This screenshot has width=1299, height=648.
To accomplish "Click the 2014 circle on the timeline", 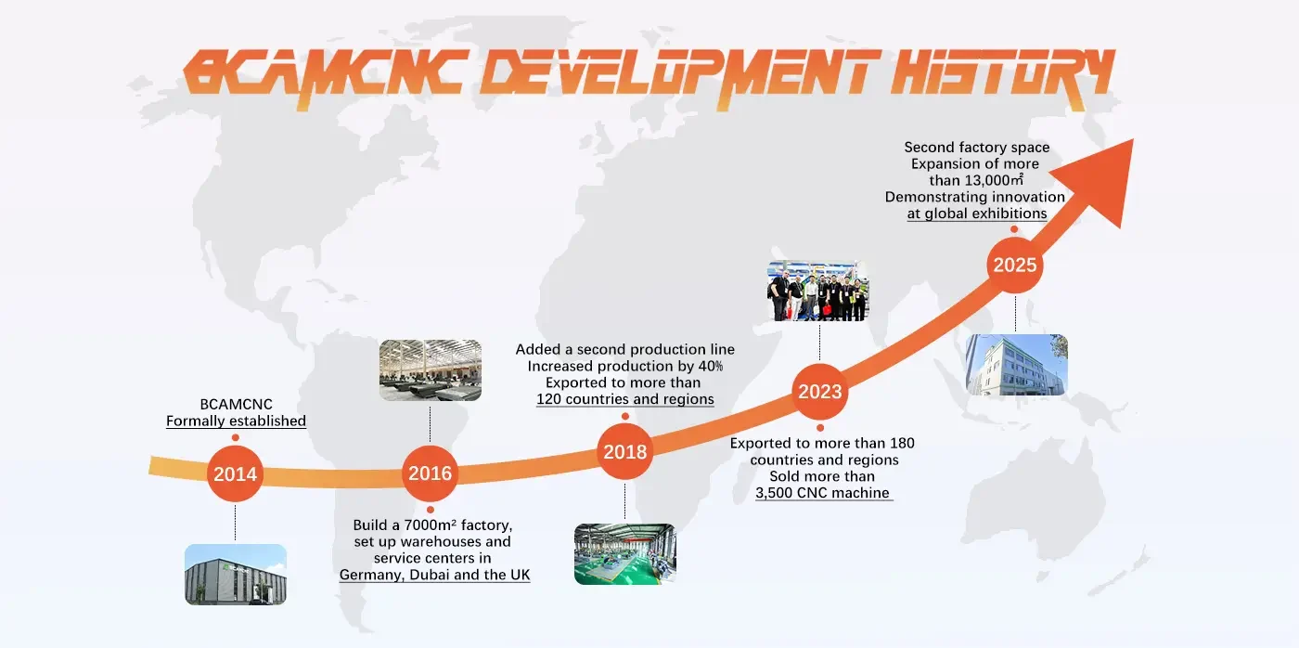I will tap(235, 474).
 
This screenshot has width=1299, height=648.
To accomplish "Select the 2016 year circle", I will tap(430, 473).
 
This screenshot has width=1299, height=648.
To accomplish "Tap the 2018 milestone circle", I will tap(624, 453).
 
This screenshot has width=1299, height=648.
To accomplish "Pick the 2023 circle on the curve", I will tap(819, 392).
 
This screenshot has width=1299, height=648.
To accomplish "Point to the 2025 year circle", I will tap(1015, 266).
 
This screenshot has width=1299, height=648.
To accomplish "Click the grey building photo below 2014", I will tap(235, 575).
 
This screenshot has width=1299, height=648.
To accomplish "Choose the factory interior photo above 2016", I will tap(430, 370).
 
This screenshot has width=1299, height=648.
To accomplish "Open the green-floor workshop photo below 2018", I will tap(624, 554).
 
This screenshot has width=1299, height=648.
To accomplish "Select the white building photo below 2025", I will tap(1016, 365).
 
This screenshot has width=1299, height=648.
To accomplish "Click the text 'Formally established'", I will tap(236, 421).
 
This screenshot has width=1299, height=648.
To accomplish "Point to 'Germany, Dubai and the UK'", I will tap(434, 575).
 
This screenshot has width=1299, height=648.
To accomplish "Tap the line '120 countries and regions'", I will tap(624, 399).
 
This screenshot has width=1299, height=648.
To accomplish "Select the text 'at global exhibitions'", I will tap(976, 214).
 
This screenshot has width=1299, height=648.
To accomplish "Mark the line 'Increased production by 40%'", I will tap(624, 366).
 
